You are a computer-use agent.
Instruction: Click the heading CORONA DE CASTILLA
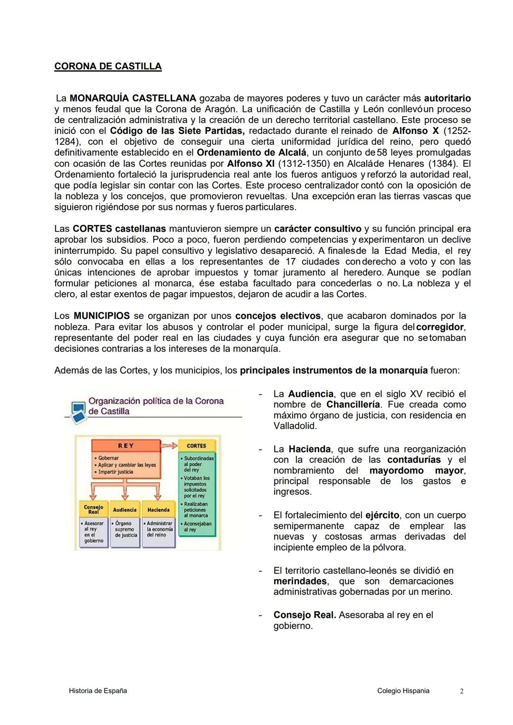pos(108,66)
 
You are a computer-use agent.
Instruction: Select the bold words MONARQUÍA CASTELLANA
pos(133,98)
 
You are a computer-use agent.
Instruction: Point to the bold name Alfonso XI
pos(251,164)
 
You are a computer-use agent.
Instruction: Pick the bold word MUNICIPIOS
pos(101,316)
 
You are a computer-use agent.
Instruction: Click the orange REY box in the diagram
pos(126,446)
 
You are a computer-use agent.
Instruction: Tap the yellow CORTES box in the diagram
pos(196,446)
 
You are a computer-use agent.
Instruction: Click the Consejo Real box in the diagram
pos(93,509)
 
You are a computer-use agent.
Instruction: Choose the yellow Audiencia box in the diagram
pos(124,510)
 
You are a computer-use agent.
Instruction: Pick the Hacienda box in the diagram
pos(158,510)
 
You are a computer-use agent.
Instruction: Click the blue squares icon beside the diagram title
pos(77,411)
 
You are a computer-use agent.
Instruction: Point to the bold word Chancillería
pos(353,405)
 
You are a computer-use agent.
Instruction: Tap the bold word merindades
pos(300,582)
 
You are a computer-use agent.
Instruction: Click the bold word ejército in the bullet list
pos(382,516)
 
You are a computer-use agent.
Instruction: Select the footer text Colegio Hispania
pos(403,691)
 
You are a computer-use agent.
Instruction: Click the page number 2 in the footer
pos(461,691)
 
